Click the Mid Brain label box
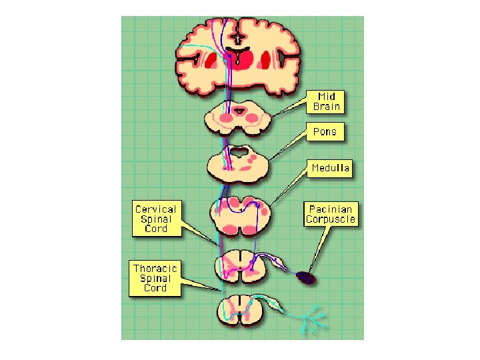[x=327, y=101]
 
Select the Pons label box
[x=325, y=132]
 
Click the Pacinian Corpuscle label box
[x=331, y=213]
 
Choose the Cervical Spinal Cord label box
[x=155, y=218]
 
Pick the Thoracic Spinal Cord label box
[x=155, y=279]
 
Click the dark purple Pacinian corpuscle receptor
[x=307, y=277]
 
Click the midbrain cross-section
[x=237, y=119]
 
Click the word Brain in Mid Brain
[x=327, y=107]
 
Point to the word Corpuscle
[x=331, y=219]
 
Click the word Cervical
[x=155, y=208]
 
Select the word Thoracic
[x=155, y=269]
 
